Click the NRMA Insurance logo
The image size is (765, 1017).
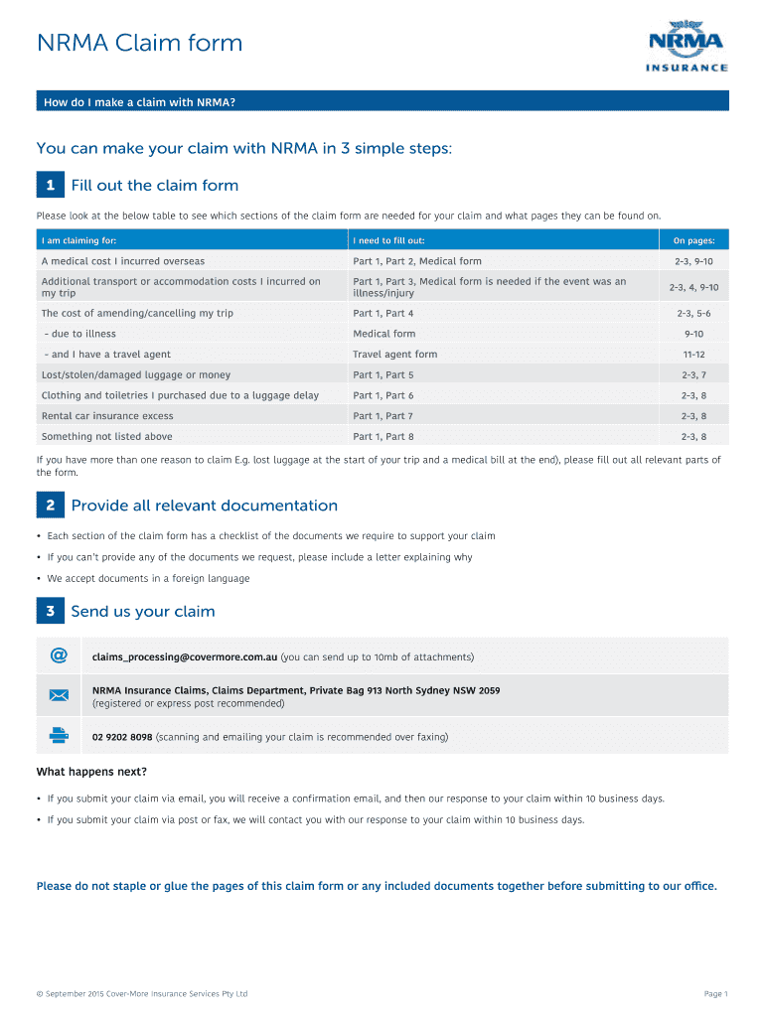[688, 47]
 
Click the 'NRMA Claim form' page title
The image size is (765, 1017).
[139, 44]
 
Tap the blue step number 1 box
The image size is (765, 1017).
[51, 186]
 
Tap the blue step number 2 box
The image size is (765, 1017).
[51, 506]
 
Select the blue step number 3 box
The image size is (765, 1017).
[51, 611]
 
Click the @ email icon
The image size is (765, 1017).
[59, 655]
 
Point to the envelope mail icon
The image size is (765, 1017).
[59, 695]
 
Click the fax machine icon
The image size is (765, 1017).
[59, 736]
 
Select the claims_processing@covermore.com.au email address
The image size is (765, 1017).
[185, 657]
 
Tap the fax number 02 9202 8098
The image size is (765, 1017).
[122, 737]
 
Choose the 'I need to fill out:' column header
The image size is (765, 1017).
[388, 241]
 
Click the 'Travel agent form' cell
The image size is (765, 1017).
[394, 355]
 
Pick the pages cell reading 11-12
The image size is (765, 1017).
[693, 355]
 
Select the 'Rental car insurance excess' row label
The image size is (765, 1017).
[107, 416]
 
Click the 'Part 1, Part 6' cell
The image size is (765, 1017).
[382, 395]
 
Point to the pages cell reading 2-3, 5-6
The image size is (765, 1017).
[693, 314]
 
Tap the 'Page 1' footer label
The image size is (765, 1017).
[715, 994]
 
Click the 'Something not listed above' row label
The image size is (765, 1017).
[106, 437]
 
